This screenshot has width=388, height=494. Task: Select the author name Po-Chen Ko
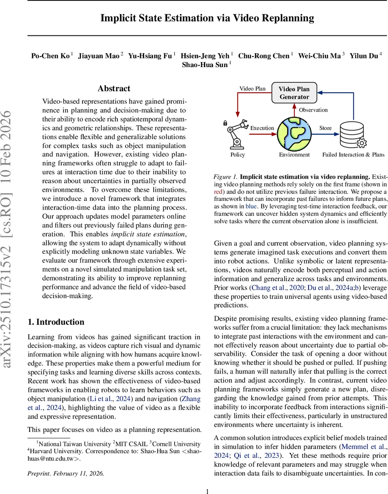[x=50, y=56]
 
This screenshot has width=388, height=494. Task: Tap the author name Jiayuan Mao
[x=98, y=56]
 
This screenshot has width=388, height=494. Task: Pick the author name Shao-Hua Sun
[x=204, y=65]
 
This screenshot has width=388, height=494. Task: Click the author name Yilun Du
[x=364, y=56]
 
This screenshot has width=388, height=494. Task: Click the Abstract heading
[x=114, y=89]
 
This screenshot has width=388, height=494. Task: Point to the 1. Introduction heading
[x=56, y=322]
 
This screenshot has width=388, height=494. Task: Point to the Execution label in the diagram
[x=262, y=128]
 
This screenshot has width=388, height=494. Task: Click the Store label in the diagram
[x=325, y=128]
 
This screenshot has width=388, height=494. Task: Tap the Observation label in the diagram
[x=313, y=110]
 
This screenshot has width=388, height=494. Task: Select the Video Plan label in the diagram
[x=252, y=89]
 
